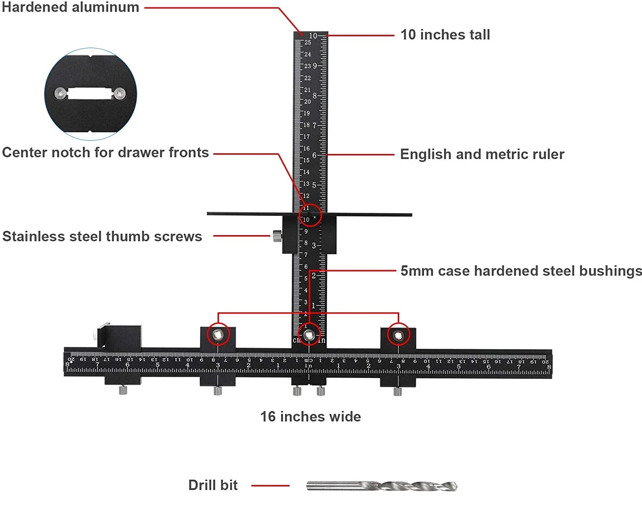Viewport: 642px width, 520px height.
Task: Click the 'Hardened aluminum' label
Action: [x=70, y=7]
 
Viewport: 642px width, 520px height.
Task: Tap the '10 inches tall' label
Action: [x=445, y=35]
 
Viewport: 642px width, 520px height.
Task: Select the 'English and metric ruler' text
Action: [x=482, y=154]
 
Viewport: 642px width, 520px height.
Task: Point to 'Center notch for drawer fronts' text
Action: [x=106, y=153]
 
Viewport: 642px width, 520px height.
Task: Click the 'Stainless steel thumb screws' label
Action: [x=102, y=236]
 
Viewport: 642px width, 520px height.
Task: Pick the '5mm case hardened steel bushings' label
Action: [x=521, y=271]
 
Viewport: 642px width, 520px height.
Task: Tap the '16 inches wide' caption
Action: [x=310, y=417]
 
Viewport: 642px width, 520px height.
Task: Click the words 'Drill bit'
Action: [x=213, y=485]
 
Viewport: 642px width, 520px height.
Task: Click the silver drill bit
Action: [x=382, y=486]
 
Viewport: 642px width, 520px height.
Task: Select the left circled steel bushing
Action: [x=218, y=335]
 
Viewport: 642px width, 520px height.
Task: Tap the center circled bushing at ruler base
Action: [x=309, y=335]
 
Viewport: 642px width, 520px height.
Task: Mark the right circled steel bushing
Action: [x=398, y=335]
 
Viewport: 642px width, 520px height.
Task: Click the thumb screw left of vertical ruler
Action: [x=277, y=236]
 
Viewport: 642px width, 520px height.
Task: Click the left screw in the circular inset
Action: [x=61, y=93]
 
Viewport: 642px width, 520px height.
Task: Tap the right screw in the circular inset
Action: [x=119, y=93]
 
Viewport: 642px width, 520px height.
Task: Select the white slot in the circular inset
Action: [x=90, y=94]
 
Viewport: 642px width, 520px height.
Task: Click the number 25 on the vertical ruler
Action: [x=308, y=42]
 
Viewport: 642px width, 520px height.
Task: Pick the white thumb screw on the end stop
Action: [x=94, y=335]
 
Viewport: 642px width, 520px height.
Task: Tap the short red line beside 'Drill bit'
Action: [x=270, y=486]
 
